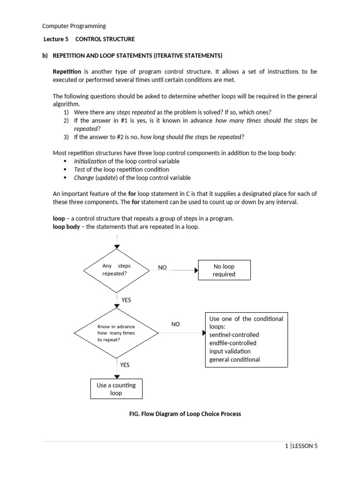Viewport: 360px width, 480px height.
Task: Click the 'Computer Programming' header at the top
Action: coord(74,26)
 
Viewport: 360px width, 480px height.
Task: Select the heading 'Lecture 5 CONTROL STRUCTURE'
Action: coord(89,39)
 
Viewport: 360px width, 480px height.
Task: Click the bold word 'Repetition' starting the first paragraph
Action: coord(67,72)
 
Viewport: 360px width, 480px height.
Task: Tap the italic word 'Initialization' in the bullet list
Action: coord(91,161)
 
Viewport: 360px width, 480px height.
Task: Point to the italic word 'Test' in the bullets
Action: coord(79,169)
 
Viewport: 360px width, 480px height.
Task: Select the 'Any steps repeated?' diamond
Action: coord(117,270)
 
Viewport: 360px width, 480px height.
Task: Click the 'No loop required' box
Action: coord(224,270)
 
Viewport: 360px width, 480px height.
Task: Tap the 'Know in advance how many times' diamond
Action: coord(117,332)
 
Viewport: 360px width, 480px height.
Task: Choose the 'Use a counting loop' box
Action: coord(116,389)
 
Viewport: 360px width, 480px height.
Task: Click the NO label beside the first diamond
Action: coord(162,268)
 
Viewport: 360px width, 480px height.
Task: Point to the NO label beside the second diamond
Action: coord(175,324)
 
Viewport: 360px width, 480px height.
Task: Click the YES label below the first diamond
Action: coord(126,300)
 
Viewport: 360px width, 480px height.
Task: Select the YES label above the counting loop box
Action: coord(125,364)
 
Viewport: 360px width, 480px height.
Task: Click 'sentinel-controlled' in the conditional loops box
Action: coord(234,335)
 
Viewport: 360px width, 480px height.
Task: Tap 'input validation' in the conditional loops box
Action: coord(230,351)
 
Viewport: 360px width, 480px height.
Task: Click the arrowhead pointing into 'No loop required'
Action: coord(196,270)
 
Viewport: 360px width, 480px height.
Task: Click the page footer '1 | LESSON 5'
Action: coord(301,446)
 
